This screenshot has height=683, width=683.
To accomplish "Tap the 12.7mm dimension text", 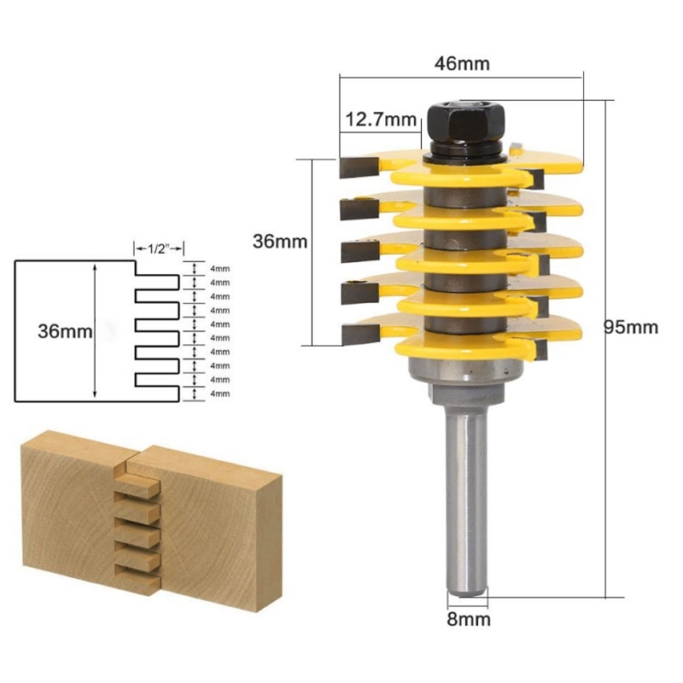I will [378, 120].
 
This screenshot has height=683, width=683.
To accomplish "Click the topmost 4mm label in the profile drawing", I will [219, 268].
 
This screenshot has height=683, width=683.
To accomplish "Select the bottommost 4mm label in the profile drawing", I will [219, 393].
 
